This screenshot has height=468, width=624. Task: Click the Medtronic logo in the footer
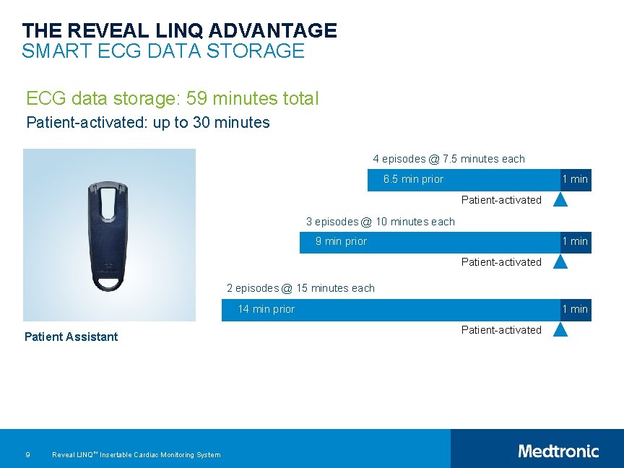pos(558,451)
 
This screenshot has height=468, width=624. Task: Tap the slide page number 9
pos(27,454)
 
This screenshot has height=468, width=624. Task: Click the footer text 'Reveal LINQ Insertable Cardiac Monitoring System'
pos(136,454)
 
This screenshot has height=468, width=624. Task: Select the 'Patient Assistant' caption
pos(71,337)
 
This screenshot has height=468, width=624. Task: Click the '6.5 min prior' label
pos(413,179)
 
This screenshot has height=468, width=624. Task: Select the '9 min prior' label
pos(341,241)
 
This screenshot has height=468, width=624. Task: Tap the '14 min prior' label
pos(266,309)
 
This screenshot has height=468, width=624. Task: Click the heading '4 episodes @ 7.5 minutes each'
pos(448,159)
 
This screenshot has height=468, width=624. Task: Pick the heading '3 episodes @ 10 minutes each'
pos(381,222)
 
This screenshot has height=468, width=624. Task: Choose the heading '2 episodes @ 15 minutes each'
pos(300,288)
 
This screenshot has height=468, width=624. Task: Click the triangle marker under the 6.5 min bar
pos(560,199)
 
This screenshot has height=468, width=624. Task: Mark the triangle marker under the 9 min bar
pos(560,261)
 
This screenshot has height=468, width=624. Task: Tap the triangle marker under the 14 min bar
pos(560,329)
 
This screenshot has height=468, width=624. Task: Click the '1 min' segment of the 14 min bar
pos(576,309)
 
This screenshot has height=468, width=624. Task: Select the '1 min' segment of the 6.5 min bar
pos(576,179)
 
